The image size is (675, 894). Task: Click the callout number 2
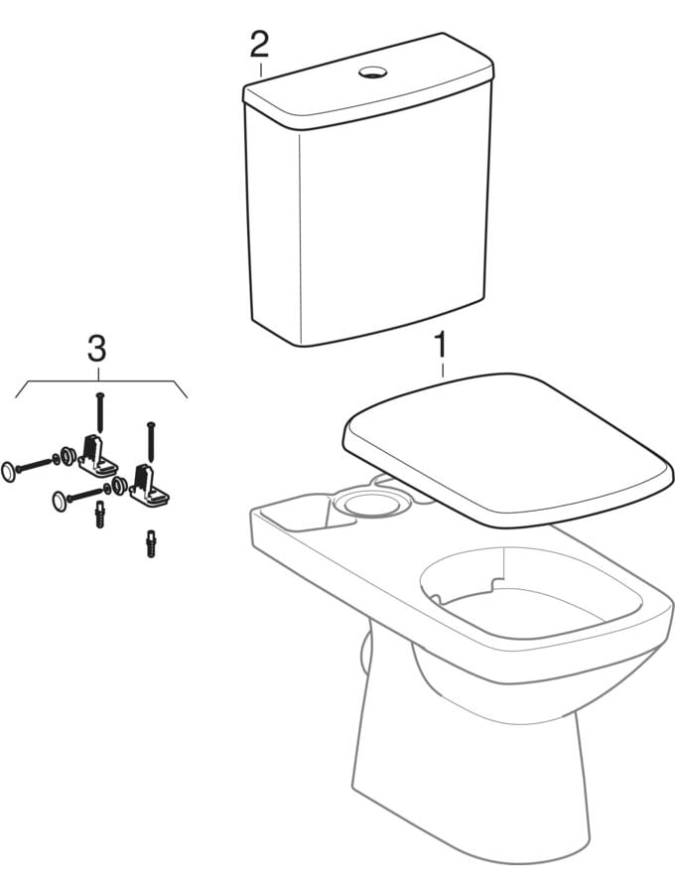click(x=259, y=44)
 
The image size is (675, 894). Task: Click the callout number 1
click(x=440, y=348)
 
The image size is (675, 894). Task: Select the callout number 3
click(x=96, y=348)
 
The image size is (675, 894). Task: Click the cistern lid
click(x=367, y=89)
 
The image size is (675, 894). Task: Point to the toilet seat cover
click(x=506, y=447)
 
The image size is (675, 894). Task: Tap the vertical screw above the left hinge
click(x=100, y=411)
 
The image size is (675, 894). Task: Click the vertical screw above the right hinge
click(x=150, y=440)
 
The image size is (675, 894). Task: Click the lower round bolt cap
click(x=63, y=500)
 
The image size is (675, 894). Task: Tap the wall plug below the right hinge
click(x=151, y=545)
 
